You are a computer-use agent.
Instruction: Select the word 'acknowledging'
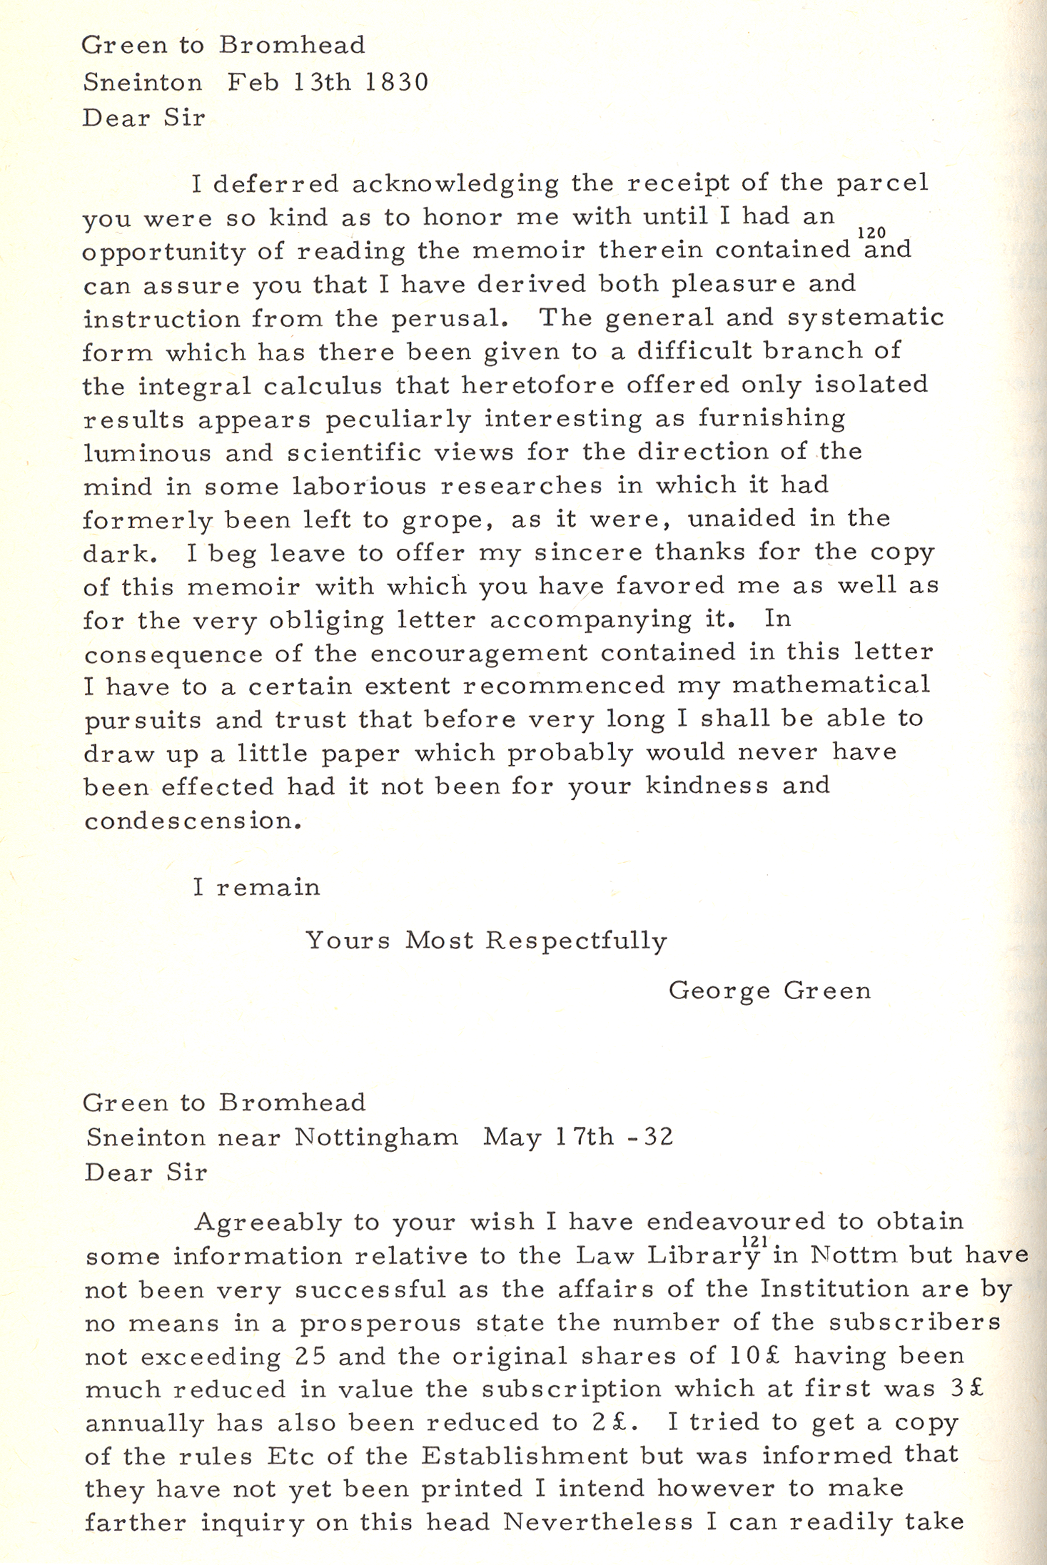click(455, 184)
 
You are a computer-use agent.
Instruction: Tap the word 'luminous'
click(147, 453)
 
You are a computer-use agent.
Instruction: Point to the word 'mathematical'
click(831, 686)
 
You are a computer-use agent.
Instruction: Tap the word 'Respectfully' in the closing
click(576, 941)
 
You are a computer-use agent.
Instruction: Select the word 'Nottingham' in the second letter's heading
click(377, 1137)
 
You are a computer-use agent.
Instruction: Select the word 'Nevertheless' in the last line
click(598, 1524)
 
